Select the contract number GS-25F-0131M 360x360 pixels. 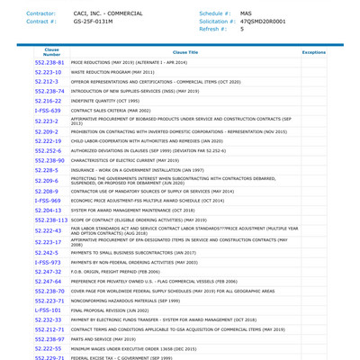(x=94, y=21)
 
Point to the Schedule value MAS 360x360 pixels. (x=246, y=13)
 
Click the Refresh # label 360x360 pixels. (x=212, y=29)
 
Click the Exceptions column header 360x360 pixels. (x=313, y=52)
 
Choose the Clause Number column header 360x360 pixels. (x=51, y=52)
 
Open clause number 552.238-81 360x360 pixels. (x=49, y=63)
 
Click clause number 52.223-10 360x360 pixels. (x=48, y=72)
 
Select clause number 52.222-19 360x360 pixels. (x=48, y=140)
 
